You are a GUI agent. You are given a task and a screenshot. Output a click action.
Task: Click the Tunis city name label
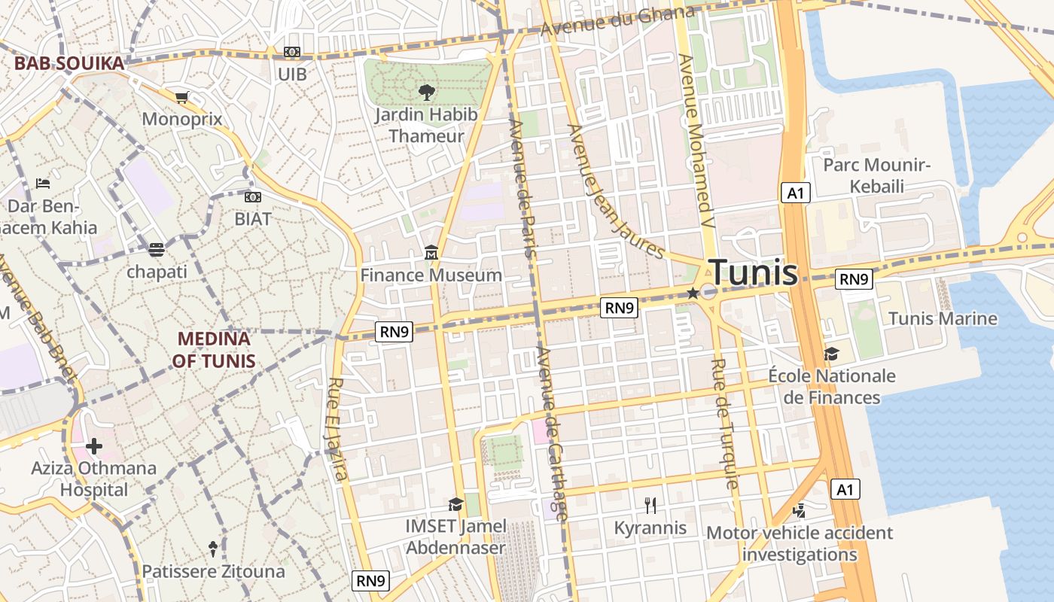click(753, 272)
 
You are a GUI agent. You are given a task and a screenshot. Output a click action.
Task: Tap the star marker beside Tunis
click(693, 293)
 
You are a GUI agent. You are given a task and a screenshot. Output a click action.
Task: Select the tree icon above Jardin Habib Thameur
click(426, 93)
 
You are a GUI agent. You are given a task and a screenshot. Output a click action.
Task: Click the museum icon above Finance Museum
click(431, 254)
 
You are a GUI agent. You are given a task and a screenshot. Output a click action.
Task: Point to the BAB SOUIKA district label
click(69, 63)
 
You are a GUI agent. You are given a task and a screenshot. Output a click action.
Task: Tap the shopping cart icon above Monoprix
click(181, 98)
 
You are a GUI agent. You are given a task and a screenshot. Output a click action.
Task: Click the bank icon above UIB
click(292, 52)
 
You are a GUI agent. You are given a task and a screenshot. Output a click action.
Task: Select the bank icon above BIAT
click(253, 197)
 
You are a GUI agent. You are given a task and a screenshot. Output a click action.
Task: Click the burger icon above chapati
click(157, 250)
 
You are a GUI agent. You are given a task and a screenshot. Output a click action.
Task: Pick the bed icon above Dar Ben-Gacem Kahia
click(43, 184)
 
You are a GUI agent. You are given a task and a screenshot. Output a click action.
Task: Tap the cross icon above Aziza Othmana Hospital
click(94, 447)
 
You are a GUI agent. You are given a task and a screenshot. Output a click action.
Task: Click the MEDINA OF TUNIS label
click(213, 350)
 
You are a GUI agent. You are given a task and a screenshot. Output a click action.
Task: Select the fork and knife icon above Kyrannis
click(650, 506)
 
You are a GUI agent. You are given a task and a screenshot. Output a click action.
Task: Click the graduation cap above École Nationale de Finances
click(831, 354)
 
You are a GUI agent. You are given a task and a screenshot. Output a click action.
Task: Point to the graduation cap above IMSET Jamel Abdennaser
click(455, 504)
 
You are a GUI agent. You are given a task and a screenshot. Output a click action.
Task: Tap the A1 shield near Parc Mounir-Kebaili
click(796, 193)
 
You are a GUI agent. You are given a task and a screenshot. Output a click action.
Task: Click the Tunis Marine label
click(943, 318)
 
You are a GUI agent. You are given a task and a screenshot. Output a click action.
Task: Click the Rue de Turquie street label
click(723, 424)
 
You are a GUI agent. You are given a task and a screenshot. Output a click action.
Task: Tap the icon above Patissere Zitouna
click(213, 549)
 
